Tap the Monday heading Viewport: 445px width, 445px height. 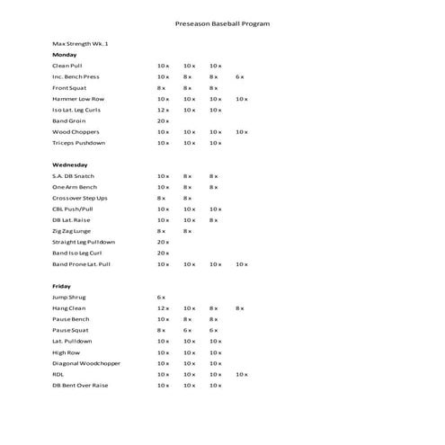tap(65, 54)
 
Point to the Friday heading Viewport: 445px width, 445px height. tap(61, 286)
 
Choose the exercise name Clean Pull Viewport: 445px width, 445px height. tap(67, 66)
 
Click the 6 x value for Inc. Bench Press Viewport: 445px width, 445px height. tap(241, 76)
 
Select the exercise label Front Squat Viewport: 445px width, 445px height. tap(70, 88)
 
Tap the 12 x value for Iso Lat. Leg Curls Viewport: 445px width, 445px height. tap(163, 110)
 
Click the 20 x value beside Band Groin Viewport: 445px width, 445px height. tap(163, 120)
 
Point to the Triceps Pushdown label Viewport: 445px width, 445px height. tap(79, 143)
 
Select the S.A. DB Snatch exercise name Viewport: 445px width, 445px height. tap(74, 175)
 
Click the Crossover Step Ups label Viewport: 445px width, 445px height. tap(80, 198)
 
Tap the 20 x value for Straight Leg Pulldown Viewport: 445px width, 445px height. tap(163, 242)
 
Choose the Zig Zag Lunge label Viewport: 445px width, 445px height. tap(72, 231)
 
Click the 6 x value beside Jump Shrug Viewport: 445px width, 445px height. tap(161, 297)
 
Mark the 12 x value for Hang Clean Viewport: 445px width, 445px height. tap(163, 307)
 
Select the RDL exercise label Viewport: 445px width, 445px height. tap(58, 374)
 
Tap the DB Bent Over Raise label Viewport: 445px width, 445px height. tap(80, 385)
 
